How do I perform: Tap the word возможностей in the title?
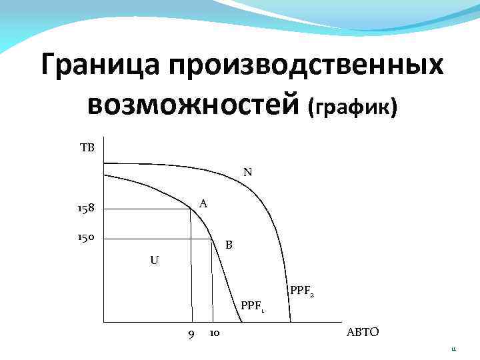tap(193, 105)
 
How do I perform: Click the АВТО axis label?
tap(363, 333)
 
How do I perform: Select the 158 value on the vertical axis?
tap(85, 209)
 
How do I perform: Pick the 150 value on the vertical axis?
tap(85, 237)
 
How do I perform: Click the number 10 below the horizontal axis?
tap(215, 333)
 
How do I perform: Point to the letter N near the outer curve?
tap(247, 172)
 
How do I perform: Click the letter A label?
tap(203, 204)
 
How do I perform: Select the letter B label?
tap(229, 245)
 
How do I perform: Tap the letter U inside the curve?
tap(154, 260)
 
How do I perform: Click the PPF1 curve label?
tap(253, 306)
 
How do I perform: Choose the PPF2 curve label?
tap(302, 291)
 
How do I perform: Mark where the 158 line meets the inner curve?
tap(190, 209)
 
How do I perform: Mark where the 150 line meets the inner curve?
tap(211, 238)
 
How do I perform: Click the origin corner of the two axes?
tap(103, 322)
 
